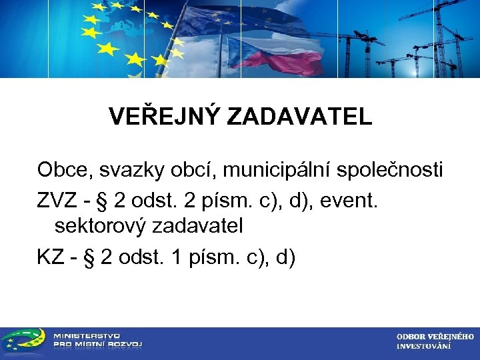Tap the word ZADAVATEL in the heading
(299, 117)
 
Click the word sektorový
(101, 227)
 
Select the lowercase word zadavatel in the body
(197, 227)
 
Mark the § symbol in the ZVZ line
(103, 199)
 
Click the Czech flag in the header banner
(267, 53)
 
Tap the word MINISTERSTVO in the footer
(87, 336)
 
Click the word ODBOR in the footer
(411, 337)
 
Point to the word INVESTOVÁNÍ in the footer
(423, 347)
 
